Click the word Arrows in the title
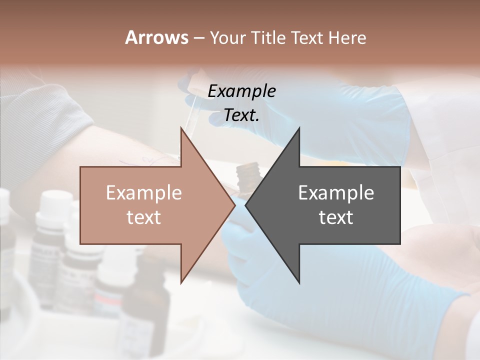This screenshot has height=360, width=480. point(156,37)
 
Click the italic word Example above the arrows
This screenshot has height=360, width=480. point(241,91)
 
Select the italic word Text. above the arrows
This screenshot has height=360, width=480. point(241,115)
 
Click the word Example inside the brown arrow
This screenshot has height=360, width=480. point(144,193)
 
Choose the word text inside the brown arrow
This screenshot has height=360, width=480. point(144,217)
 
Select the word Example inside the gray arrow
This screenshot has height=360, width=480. point(336,193)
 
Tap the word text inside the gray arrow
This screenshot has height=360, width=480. point(336,217)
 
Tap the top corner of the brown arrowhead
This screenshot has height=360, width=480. point(181,128)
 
